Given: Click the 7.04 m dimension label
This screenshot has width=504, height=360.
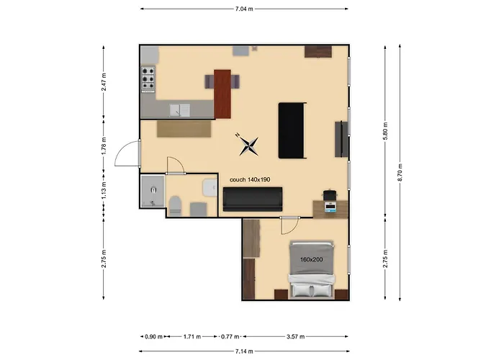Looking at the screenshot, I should click(245, 9).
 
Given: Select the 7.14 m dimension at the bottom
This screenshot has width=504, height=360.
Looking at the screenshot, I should click(245, 352).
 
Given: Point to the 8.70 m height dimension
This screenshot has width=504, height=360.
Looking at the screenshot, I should click(400, 172).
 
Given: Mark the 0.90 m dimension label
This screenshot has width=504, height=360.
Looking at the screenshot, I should click(153, 336).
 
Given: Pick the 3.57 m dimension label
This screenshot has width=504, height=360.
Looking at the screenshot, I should click(296, 336).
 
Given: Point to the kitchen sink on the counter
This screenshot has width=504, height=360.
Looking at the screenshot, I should click(179, 110).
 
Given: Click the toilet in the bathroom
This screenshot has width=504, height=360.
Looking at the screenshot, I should click(175, 204).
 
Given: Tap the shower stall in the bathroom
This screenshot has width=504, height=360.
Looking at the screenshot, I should click(152, 192).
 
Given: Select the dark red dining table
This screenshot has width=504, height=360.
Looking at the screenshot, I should click(222, 93).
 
